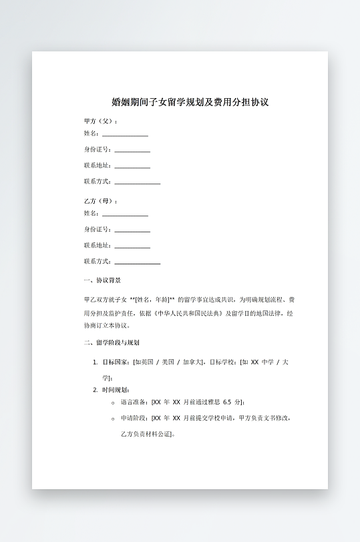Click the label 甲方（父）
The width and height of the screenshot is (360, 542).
point(100,121)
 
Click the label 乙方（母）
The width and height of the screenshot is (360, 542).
point(100,201)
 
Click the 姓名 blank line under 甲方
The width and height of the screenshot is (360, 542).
point(125,135)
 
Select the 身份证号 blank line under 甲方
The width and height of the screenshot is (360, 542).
point(132,151)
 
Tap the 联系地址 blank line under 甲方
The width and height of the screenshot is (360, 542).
point(132,167)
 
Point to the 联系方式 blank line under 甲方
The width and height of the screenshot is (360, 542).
point(138,182)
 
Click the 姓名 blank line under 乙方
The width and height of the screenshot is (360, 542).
point(125,215)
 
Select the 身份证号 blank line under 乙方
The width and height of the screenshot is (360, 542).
point(132,231)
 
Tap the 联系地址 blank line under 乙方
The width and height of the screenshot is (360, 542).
point(132,247)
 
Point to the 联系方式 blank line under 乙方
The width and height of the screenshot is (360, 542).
point(138,263)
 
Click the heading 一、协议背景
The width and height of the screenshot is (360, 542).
point(102,280)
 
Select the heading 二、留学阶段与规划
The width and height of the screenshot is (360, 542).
point(112,343)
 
